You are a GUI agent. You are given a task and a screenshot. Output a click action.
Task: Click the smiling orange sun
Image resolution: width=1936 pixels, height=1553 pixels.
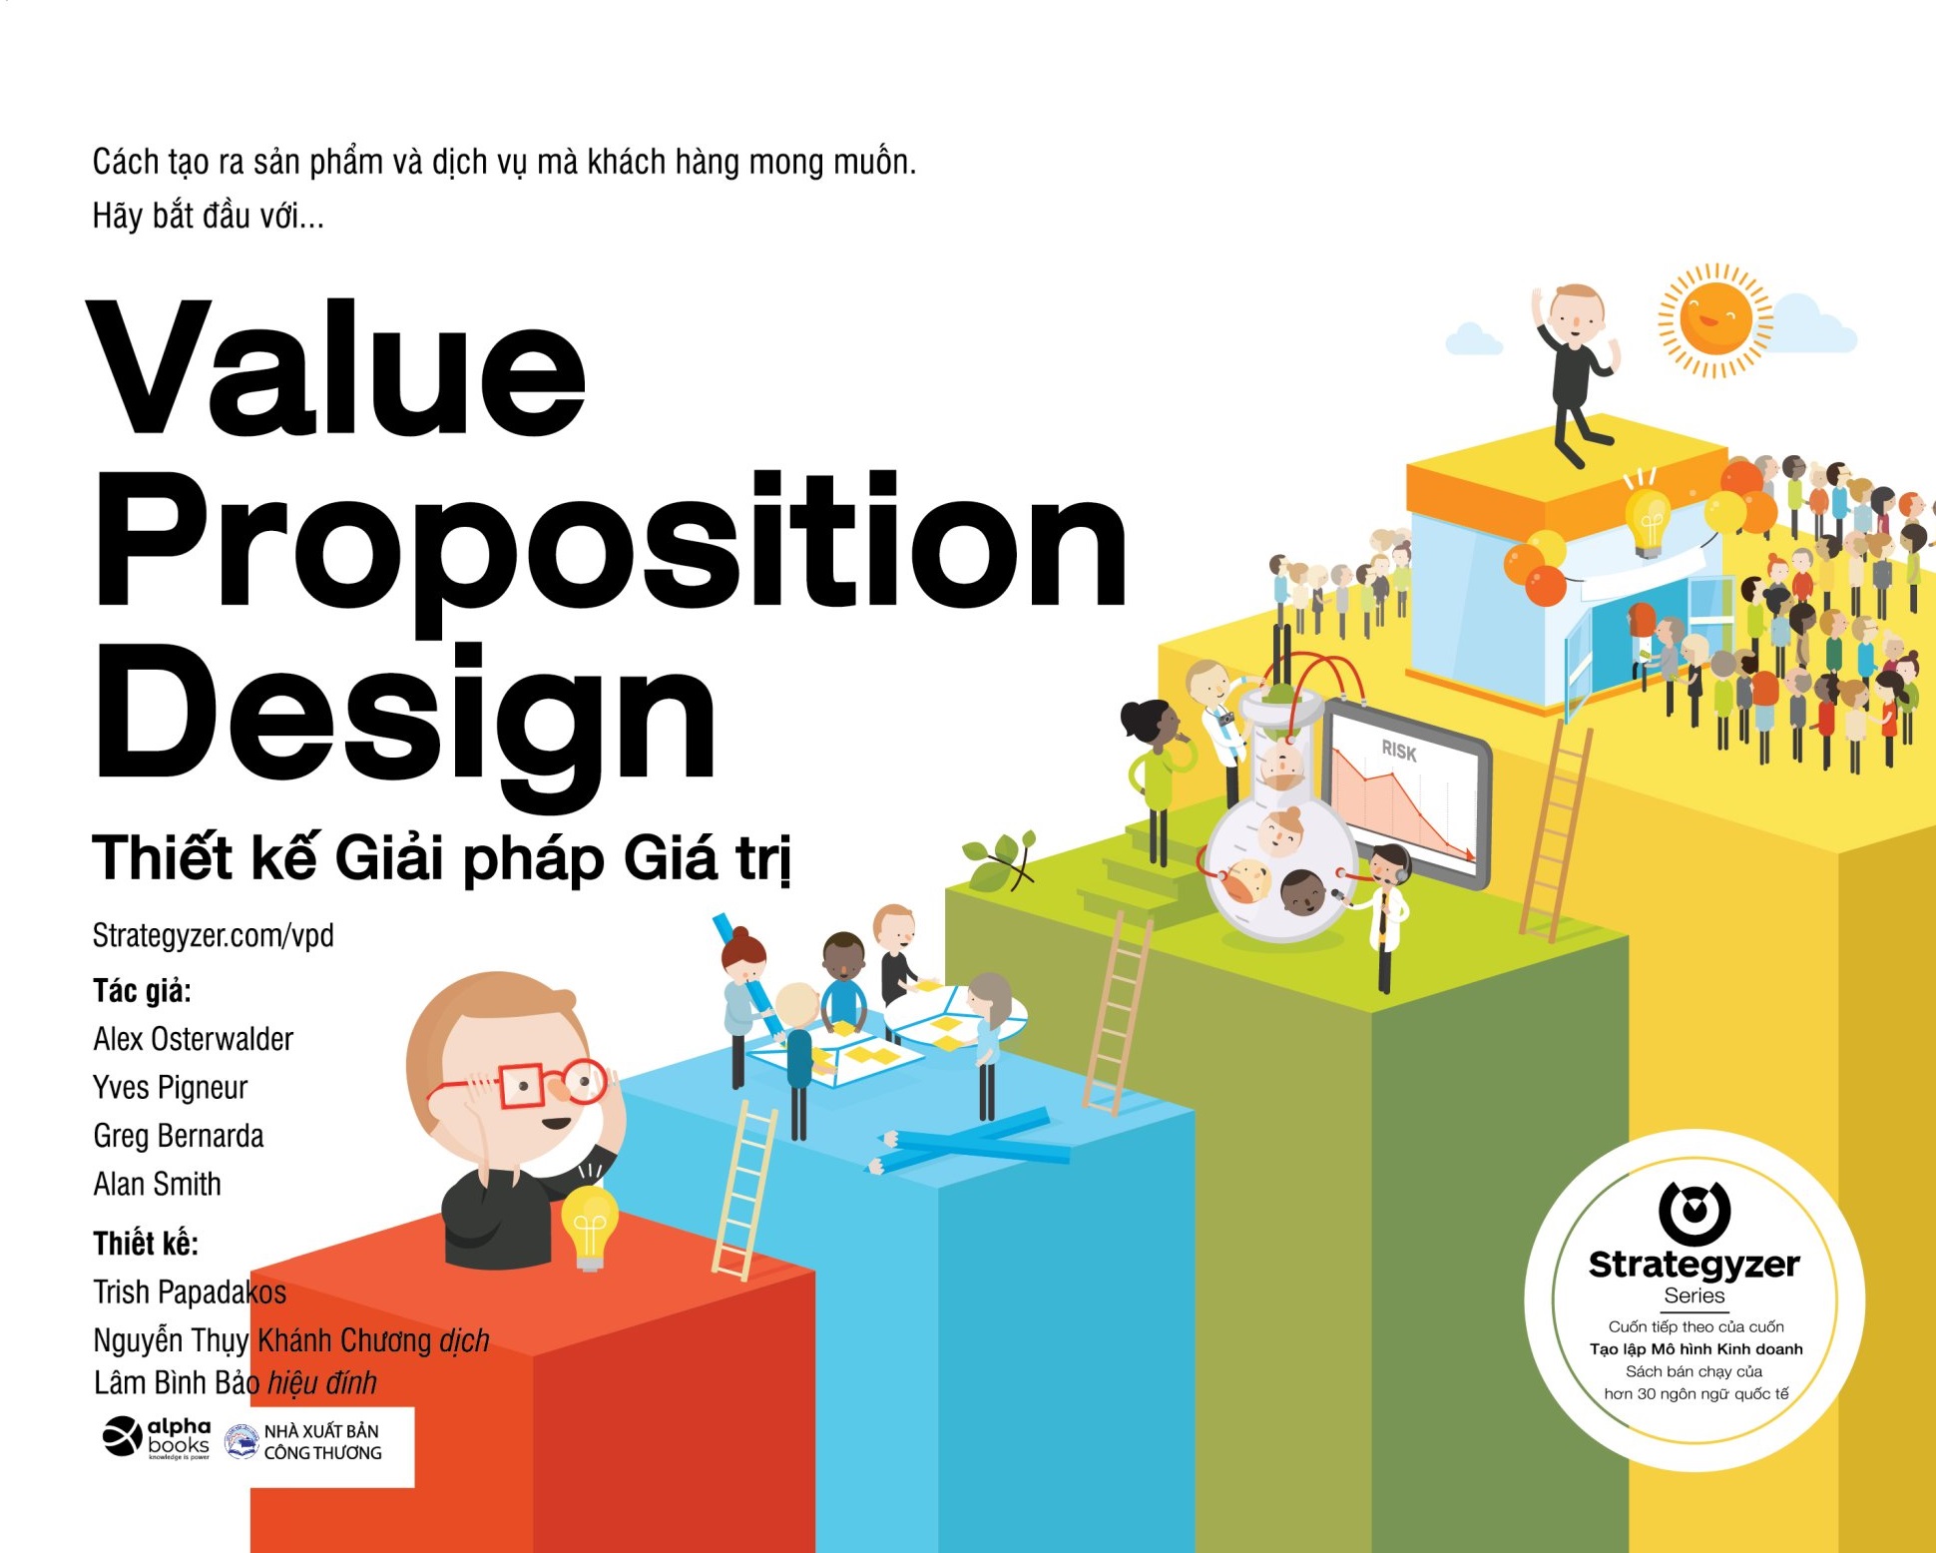pyautogui.click(x=1715, y=320)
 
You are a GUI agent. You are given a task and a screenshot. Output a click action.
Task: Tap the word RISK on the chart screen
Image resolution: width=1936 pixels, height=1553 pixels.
pyautogui.click(x=1399, y=751)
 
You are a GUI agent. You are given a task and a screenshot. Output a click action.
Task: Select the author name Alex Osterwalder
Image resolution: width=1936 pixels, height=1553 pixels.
pyautogui.click(x=194, y=1039)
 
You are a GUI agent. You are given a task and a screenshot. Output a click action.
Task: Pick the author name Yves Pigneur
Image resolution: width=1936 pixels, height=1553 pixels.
pyautogui.click(x=171, y=1088)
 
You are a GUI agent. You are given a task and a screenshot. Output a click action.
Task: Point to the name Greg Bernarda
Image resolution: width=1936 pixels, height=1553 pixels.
pyautogui.click(x=179, y=1136)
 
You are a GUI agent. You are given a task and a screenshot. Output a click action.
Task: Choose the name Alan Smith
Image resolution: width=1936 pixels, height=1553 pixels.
pyautogui.click(x=158, y=1184)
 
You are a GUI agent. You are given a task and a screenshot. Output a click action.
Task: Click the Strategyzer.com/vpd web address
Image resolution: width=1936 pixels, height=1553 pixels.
pyautogui.click(x=214, y=936)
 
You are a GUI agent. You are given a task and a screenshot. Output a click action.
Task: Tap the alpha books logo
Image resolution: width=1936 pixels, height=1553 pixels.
pyautogui.click(x=157, y=1438)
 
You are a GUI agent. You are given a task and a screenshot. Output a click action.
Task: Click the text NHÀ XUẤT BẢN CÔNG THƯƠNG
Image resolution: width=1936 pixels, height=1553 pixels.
pyautogui.click(x=322, y=1442)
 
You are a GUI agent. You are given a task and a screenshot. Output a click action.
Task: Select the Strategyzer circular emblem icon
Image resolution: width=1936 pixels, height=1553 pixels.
pyautogui.click(x=1694, y=1210)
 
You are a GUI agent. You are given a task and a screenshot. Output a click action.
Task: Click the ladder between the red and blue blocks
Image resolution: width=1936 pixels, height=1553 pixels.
pyautogui.click(x=744, y=1190)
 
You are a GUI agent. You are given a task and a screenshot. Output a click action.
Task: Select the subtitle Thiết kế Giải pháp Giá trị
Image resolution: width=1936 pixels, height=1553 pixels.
pyautogui.click(x=442, y=858)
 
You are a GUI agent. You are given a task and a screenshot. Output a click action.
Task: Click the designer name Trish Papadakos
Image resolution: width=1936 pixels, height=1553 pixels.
pyautogui.click(x=190, y=1293)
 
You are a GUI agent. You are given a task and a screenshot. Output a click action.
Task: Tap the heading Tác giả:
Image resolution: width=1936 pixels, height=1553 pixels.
pyautogui.click(x=142, y=991)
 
